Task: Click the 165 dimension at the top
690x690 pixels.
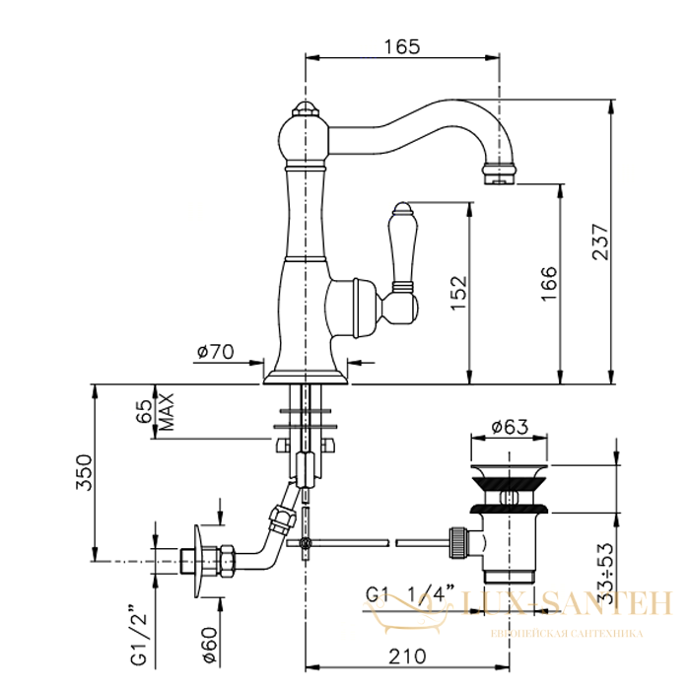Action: [402, 46]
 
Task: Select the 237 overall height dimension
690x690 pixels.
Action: [601, 241]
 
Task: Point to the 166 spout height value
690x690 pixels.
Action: [549, 284]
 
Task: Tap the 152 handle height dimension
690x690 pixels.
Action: [458, 293]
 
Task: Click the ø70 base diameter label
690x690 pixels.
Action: [216, 352]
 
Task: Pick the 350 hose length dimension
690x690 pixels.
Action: [84, 472]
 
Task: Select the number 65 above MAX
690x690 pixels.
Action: [144, 411]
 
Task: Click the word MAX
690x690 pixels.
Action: [167, 412]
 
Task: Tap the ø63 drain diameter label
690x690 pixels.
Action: [510, 427]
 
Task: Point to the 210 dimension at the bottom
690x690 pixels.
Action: [407, 656]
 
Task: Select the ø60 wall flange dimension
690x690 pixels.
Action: [210, 645]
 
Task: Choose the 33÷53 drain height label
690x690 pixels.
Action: [605, 574]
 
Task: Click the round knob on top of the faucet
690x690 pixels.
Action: [304, 108]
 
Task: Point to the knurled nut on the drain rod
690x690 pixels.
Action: [457, 543]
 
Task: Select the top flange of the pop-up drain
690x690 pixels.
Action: [510, 471]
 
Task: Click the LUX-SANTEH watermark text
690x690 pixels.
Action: [568, 602]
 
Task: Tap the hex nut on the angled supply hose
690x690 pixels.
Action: [282, 518]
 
